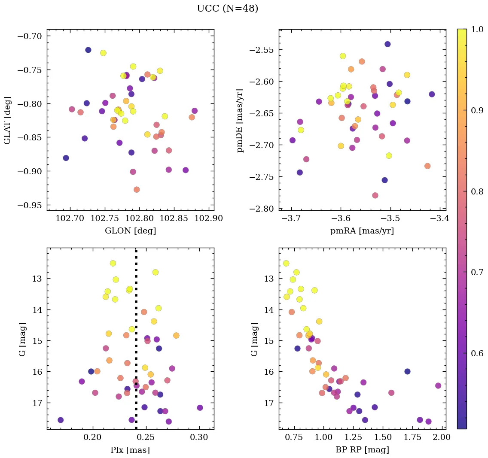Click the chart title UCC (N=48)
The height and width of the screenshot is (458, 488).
227,9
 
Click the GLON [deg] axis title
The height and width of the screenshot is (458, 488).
130,231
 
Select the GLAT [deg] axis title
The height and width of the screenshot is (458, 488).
7,120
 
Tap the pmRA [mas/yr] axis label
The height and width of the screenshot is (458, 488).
362,231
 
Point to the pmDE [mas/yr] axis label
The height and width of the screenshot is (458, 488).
240,120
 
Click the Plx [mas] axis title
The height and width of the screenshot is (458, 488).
130,450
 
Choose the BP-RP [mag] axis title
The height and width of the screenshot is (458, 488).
362,450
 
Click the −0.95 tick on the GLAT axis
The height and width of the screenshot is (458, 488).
30,205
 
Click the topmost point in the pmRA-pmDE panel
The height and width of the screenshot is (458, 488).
387,44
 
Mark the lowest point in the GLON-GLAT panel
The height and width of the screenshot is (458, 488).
137,189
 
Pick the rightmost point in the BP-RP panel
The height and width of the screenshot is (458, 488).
438,385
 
